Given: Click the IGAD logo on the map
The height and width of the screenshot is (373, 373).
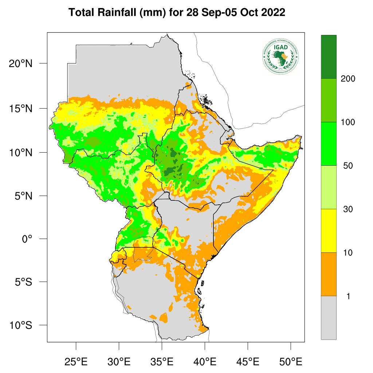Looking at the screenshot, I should coord(280,56).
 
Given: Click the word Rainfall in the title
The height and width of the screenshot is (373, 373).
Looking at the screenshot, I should coord(116,12).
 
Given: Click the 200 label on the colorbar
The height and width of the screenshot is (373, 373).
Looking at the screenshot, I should coord(348,79).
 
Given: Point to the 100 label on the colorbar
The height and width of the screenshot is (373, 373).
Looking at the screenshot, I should coord(348,122).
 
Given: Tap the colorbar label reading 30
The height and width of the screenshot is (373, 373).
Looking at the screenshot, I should coord(348,209).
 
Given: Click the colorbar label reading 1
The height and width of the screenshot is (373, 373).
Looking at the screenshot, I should coord(348,296).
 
